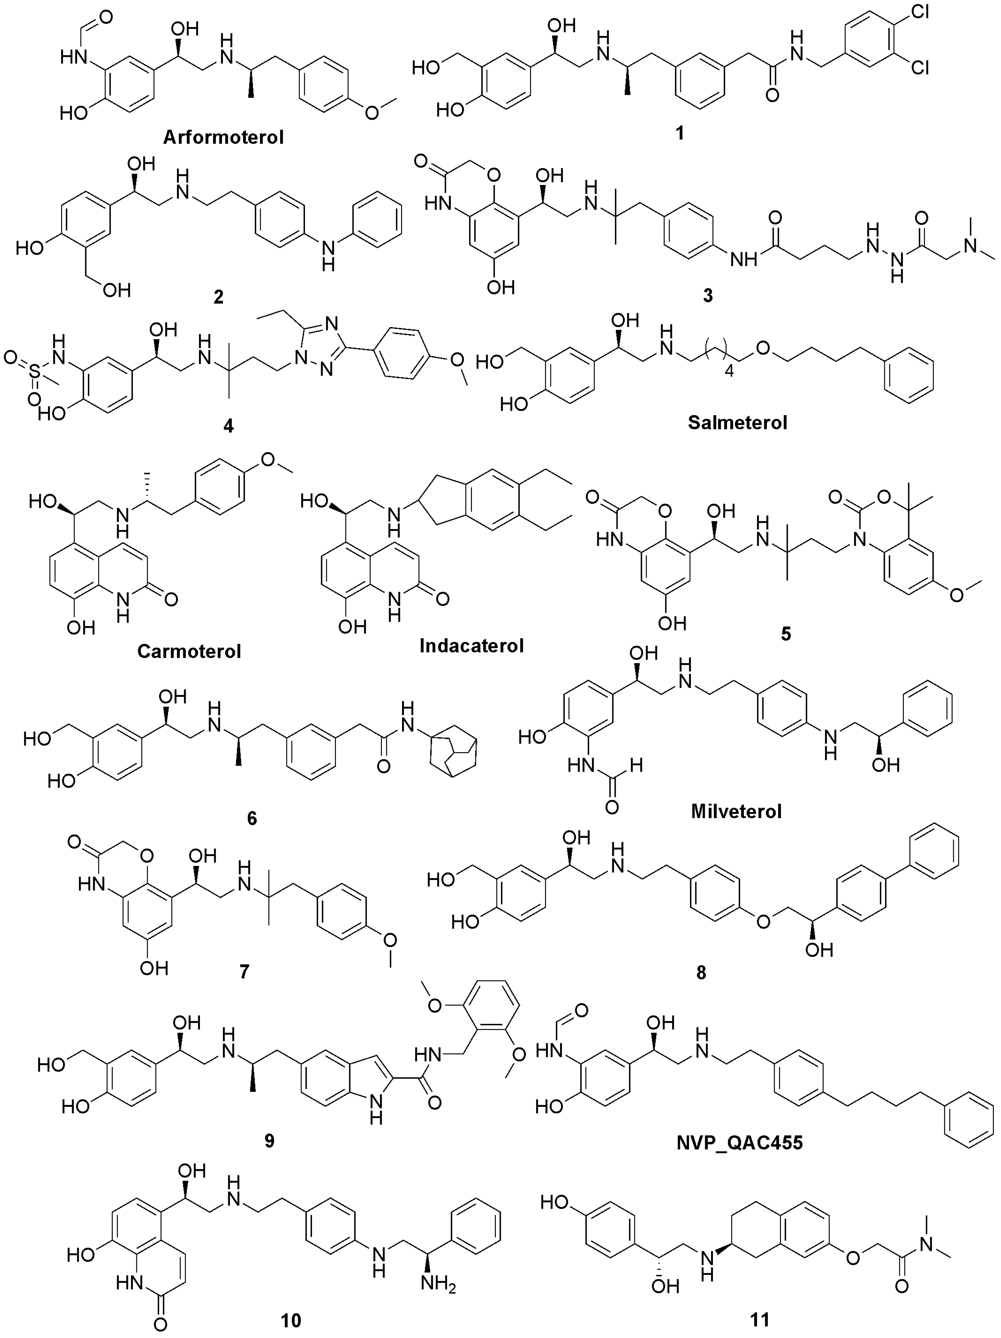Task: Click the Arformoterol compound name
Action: [x=223, y=138]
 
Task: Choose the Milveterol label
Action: [x=736, y=811]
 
